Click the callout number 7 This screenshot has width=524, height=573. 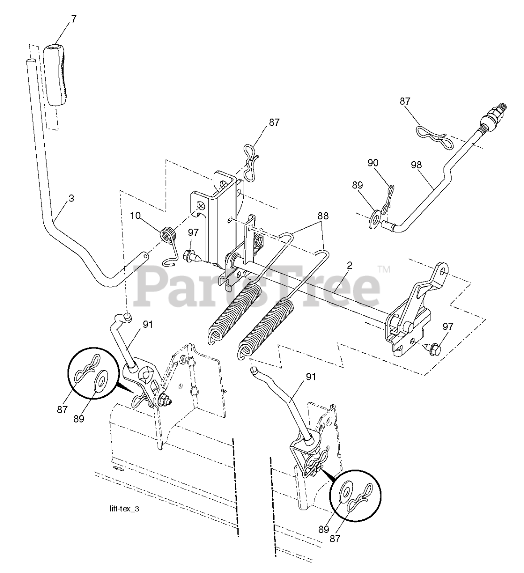pyautogui.click(x=74, y=19)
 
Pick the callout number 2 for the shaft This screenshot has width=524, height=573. pyautogui.click(x=349, y=265)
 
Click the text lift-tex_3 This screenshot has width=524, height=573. pyautogui.click(x=127, y=509)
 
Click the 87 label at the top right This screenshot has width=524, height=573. pyautogui.click(x=405, y=102)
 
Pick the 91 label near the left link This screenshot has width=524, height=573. pyautogui.click(x=148, y=324)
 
